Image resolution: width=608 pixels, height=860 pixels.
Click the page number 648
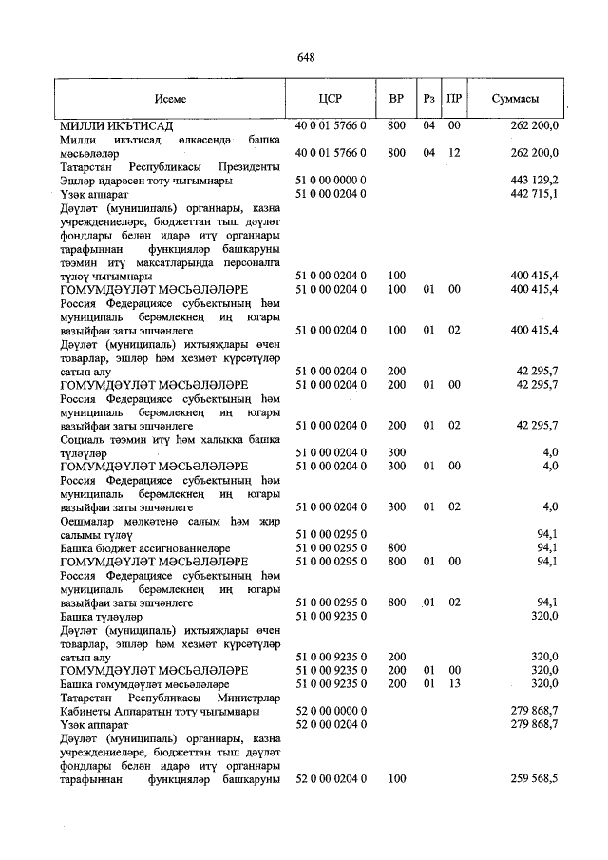coord(306,57)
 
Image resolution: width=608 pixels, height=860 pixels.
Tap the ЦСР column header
coord(330,99)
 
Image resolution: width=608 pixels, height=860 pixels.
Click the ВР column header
coord(397,99)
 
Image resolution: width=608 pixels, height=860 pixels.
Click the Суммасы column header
coord(516,99)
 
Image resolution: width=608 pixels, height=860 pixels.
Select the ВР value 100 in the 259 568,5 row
coord(397,779)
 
